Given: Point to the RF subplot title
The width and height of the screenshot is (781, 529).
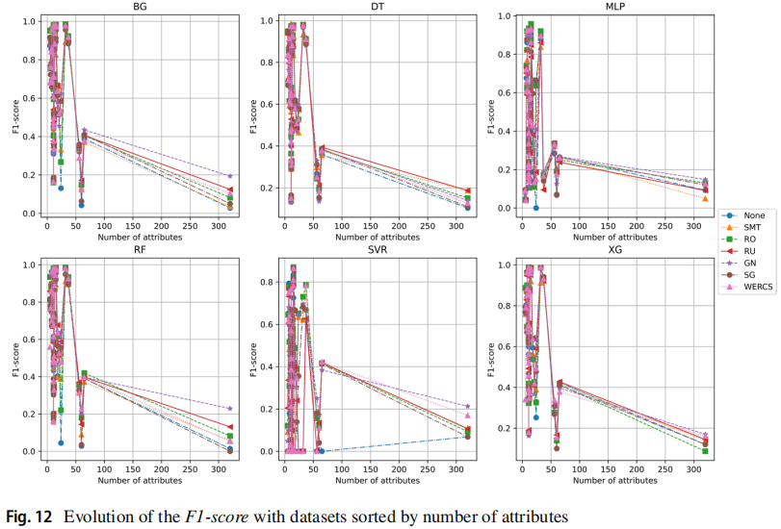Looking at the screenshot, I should point(140,250).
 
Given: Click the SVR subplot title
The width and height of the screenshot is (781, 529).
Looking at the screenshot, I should point(377,250).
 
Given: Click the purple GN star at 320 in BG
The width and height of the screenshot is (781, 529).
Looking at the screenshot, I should point(229,176).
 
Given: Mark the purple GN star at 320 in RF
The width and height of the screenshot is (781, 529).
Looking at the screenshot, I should point(229,409).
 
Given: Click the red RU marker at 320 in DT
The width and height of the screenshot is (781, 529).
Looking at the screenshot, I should point(467,190).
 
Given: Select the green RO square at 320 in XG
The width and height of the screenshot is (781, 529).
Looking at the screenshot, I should point(704,450).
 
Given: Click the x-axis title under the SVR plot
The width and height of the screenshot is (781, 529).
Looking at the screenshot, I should point(377,478).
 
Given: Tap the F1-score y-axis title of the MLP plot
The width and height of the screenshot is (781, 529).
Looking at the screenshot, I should point(490,113).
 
